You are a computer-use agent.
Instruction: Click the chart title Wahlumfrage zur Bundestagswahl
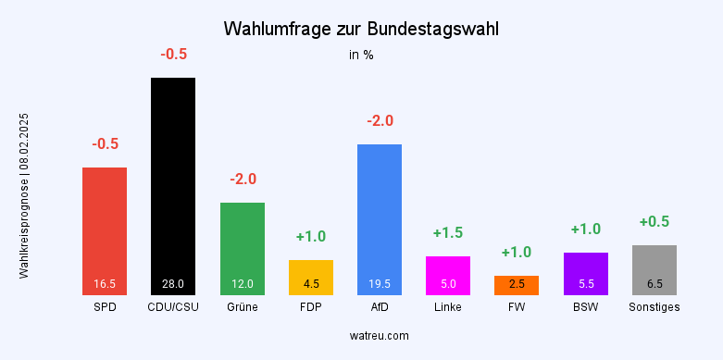point(361,30)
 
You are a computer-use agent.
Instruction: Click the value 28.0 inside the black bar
point(173,284)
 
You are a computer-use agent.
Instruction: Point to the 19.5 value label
point(380,284)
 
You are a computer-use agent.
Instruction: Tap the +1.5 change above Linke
point(448,233)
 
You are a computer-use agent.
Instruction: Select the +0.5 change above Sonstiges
point(654,222)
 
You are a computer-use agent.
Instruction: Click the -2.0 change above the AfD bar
point(380,121)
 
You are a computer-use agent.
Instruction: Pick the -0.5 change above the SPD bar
point(105,144)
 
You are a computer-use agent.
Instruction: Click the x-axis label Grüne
point(243,307)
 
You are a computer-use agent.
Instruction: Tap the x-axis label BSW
point(586,307)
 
